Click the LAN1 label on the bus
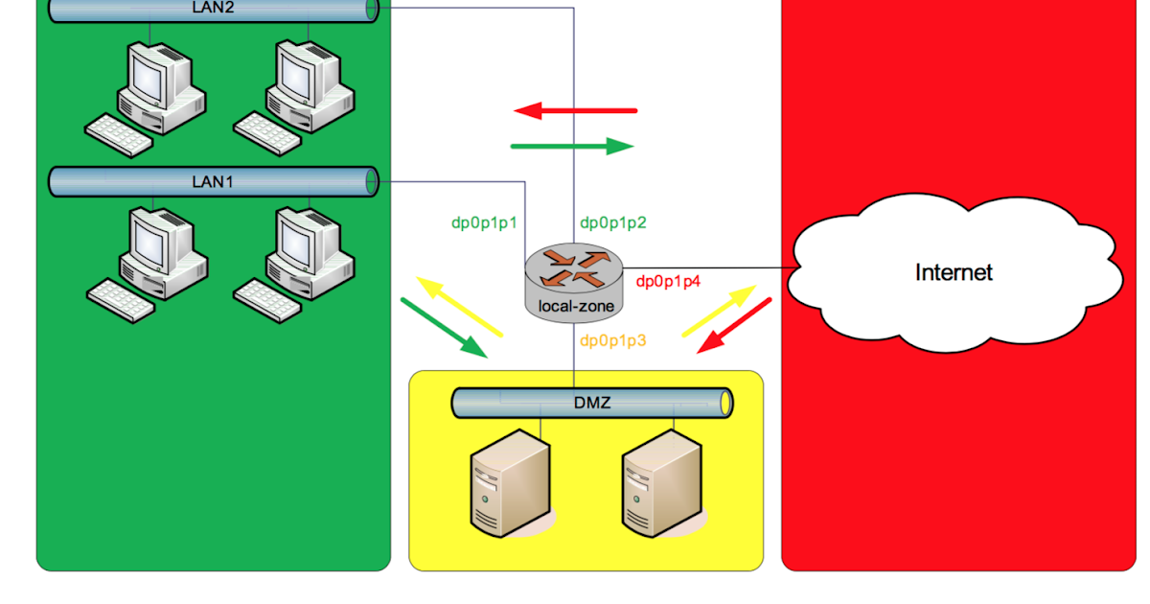(x=213, y=180)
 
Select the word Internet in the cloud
(x=954, y=272)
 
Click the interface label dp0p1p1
(x=484, y=222)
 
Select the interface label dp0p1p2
(x=613, y=222)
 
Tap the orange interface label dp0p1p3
(x=613, y=340)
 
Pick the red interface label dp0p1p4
(x=669, y=281)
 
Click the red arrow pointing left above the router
(x=575, y=111)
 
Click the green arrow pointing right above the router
(x=572, y=147)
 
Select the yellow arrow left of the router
(x=458, y=306)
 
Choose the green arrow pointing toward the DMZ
(x=444, y=327)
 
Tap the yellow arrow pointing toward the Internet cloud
(x=719, y=311)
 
